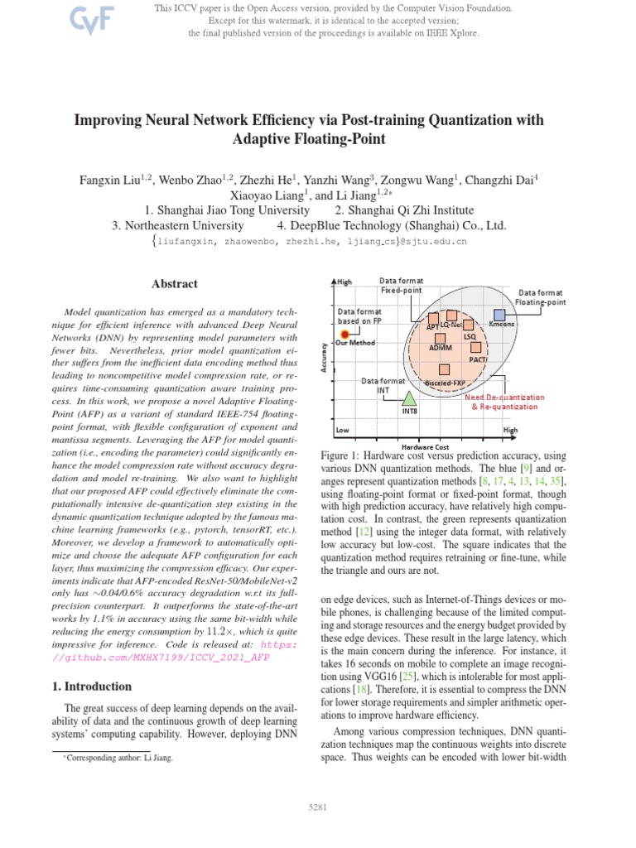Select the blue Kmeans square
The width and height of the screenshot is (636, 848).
[499, 315]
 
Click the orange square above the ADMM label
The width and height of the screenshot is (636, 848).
[440, 338]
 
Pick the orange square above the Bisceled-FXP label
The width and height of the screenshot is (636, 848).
[446, 370]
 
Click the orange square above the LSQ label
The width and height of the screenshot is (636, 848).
[469, 325]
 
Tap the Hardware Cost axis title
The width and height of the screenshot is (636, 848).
[425, 447]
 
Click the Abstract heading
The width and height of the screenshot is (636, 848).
[174, 284]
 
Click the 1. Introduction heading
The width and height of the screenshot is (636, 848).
[92, 687]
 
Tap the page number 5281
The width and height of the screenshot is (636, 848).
[318, 806]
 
